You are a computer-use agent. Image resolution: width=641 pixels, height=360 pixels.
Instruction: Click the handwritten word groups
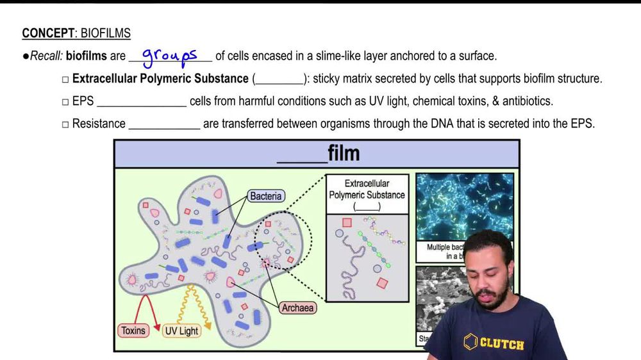coord(169,56)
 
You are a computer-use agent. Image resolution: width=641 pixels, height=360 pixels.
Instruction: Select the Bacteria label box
coord(266,196)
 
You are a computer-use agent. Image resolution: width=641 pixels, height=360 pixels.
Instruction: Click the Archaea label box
coord(298,308)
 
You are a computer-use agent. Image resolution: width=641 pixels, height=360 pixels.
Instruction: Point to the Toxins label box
coord(133,331)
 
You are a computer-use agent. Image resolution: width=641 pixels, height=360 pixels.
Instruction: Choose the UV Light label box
coord(181,331)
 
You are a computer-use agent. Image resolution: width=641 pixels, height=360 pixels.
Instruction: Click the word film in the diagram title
coord(344,154)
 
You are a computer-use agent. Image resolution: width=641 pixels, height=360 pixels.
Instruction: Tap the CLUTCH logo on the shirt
coord(494,343)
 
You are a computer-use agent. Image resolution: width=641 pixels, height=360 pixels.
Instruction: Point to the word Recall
coord(47,56)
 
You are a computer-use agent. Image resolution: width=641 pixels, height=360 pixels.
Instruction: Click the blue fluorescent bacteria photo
coord(464,205)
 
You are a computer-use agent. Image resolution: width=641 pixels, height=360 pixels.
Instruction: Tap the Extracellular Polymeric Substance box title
coord(367,189)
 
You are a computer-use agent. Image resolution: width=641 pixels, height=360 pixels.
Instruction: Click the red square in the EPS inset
coord(347,223)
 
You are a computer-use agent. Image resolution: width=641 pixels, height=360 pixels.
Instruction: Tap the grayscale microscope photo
coord(442,301)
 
